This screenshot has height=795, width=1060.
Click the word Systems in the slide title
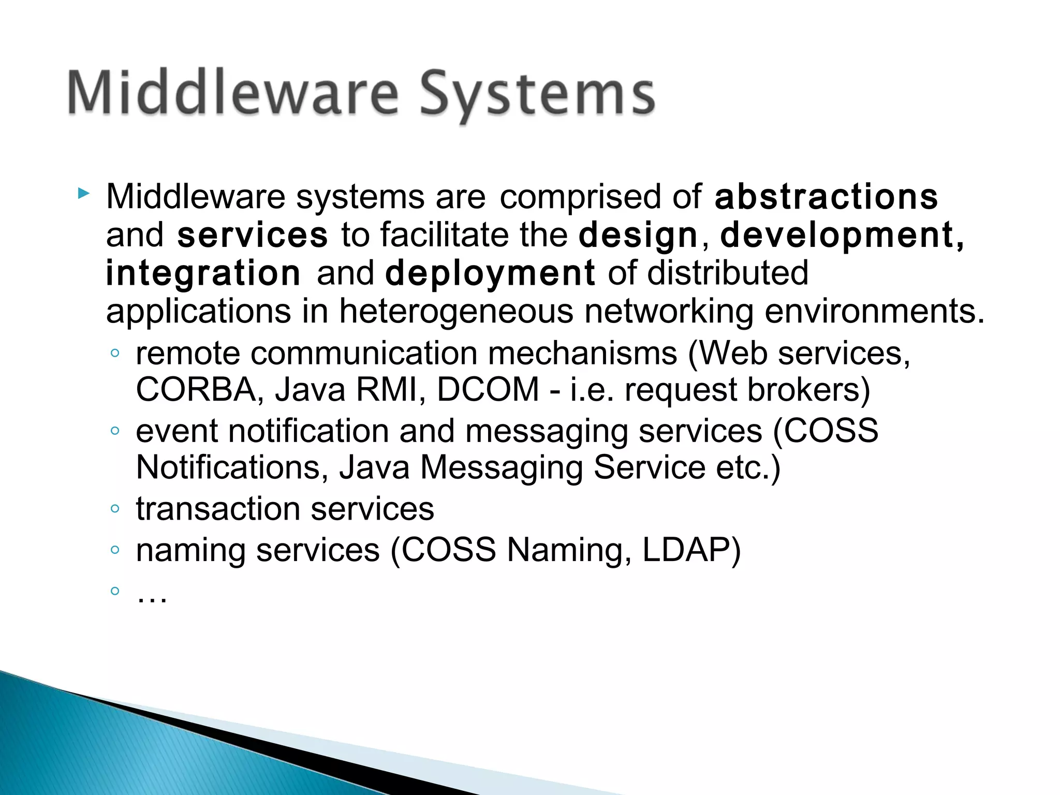[x=537, y=94]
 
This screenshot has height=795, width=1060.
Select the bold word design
[x=638, y=235]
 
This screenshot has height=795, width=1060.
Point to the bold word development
[x=842, y=235]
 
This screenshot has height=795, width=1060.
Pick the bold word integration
[x=203, y=273]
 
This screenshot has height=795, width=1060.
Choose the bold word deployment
[x=490, y=273]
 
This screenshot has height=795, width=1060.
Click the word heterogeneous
[x=456, y=312]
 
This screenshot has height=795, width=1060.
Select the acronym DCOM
[x=488, y=390]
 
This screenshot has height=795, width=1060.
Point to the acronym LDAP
[x=685, y=550]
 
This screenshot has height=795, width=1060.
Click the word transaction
[x=218, y=509]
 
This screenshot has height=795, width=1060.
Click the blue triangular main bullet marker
[x=83, y=195]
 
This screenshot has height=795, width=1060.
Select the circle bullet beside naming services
[x=115, y=550]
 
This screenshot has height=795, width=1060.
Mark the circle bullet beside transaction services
[x=115, y=509]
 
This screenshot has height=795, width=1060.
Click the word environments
[x=874, y=312]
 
